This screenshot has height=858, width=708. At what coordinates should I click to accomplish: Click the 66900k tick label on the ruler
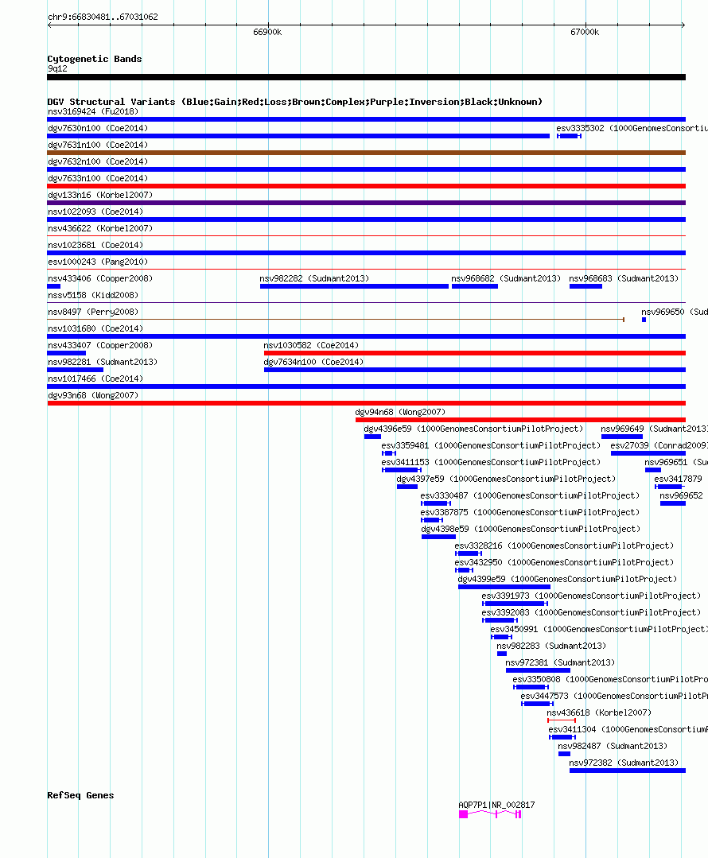267,32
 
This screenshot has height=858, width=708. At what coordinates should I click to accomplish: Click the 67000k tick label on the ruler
585,32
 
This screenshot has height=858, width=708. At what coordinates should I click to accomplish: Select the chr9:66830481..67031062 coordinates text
103,17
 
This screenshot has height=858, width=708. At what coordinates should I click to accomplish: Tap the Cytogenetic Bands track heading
95,59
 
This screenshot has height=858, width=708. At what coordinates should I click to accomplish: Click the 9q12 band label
57,68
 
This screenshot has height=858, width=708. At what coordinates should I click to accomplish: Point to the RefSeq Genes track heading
80,795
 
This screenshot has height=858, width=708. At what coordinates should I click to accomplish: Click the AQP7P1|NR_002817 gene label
496,805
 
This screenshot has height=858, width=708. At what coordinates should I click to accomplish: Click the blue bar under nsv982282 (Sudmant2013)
354,286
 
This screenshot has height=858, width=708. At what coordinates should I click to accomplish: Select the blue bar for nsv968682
474,286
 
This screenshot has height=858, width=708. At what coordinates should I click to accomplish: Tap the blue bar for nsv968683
585,286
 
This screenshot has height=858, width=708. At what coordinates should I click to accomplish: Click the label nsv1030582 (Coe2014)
311,345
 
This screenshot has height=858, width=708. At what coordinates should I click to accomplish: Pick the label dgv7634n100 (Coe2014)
313,362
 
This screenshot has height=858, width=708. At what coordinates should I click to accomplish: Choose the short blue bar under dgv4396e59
372,437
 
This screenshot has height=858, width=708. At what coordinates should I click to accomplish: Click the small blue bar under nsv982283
501,654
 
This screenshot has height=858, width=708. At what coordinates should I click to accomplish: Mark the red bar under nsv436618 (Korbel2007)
561,720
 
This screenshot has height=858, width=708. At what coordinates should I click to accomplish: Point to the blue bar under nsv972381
538,670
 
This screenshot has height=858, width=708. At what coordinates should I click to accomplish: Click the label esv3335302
580,128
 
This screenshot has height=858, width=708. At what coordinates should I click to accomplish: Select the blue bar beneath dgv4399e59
504,587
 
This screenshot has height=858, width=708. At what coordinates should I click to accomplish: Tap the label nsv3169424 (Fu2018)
92,111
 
